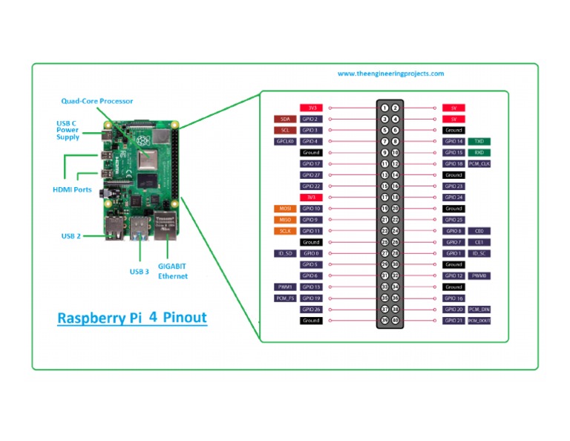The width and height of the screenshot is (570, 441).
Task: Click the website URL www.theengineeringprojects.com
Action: [390, 73]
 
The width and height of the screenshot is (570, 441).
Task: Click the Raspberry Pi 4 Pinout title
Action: [132, 318]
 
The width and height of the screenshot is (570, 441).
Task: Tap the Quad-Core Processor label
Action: [97, 101]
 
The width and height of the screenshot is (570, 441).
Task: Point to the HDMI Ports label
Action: [72, 189]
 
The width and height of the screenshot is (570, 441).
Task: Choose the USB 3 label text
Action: [139, 272]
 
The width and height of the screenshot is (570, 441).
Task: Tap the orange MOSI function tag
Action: [285, 209]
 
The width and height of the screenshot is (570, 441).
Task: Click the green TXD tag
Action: [479, 141]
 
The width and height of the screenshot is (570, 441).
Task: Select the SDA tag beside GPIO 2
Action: [285, 119]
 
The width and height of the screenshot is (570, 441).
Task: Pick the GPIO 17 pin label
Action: [311, 163]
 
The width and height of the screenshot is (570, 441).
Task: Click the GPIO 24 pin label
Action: [453, 197]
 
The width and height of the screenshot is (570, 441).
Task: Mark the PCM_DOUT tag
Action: [479, 321]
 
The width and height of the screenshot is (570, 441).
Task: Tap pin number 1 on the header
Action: [384, 108]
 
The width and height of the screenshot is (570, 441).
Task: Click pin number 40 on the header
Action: [396, 321]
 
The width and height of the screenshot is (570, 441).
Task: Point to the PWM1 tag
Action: [285, 287]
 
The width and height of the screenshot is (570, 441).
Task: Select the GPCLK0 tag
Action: [285, 141]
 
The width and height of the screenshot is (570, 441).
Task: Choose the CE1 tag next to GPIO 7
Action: [479, 242]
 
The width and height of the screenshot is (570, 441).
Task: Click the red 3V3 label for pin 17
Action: [311, 197]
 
